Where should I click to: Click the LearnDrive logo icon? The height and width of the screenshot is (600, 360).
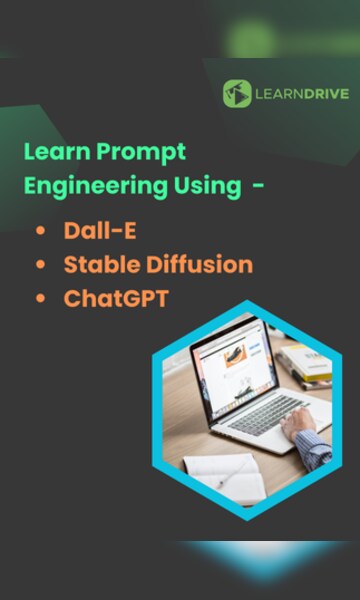[x=237, y=93]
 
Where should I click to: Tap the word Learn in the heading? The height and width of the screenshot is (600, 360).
[x=50, y=153]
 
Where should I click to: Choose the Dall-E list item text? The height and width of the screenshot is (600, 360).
[x=99, y=231]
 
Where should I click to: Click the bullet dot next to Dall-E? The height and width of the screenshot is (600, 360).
[x=40, y=231]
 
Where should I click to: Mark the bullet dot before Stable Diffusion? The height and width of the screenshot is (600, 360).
[x=40, y=265]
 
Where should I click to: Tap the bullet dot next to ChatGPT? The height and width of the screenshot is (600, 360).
[x=40, y=298]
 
